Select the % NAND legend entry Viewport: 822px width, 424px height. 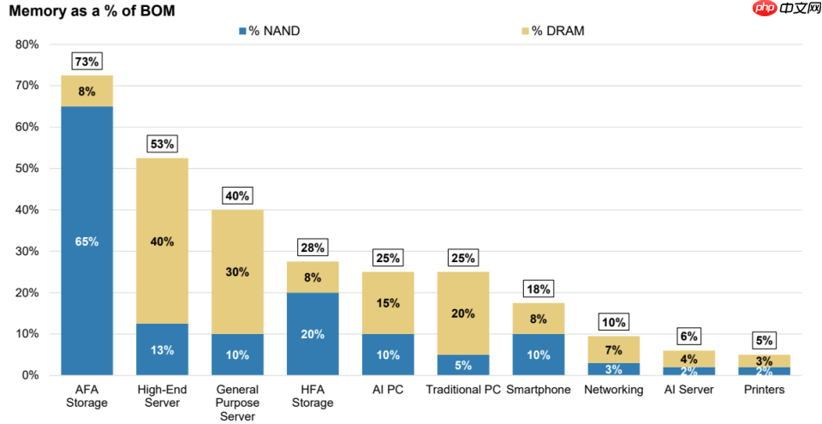tap(269, 31)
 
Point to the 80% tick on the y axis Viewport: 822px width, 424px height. tap(27, 45)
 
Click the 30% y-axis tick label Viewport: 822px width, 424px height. tap(27, 251)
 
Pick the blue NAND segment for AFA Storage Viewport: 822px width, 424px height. tap(86, 241)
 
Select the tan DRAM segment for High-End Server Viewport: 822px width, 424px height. tap(163, 242)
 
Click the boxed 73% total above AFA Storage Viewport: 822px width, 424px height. tap(86, 61)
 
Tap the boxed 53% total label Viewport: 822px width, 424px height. tap(163, 144)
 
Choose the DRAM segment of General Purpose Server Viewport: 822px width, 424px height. tap(237, 272)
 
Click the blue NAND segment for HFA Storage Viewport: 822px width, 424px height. tap(313, 333)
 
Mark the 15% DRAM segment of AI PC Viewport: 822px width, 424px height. tap(388, 302)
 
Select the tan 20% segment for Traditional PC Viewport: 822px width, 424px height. tap(463, 313)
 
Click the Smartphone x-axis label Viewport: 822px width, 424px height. tap(538, 390)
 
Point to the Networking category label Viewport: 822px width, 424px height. tap(613, 390)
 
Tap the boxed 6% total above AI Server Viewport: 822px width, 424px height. tap(688, 337)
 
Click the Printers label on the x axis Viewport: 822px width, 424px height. tap(764, 390)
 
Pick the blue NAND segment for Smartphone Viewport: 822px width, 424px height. tap(538, 354)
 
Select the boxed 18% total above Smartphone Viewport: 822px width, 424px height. tap(538, 289)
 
